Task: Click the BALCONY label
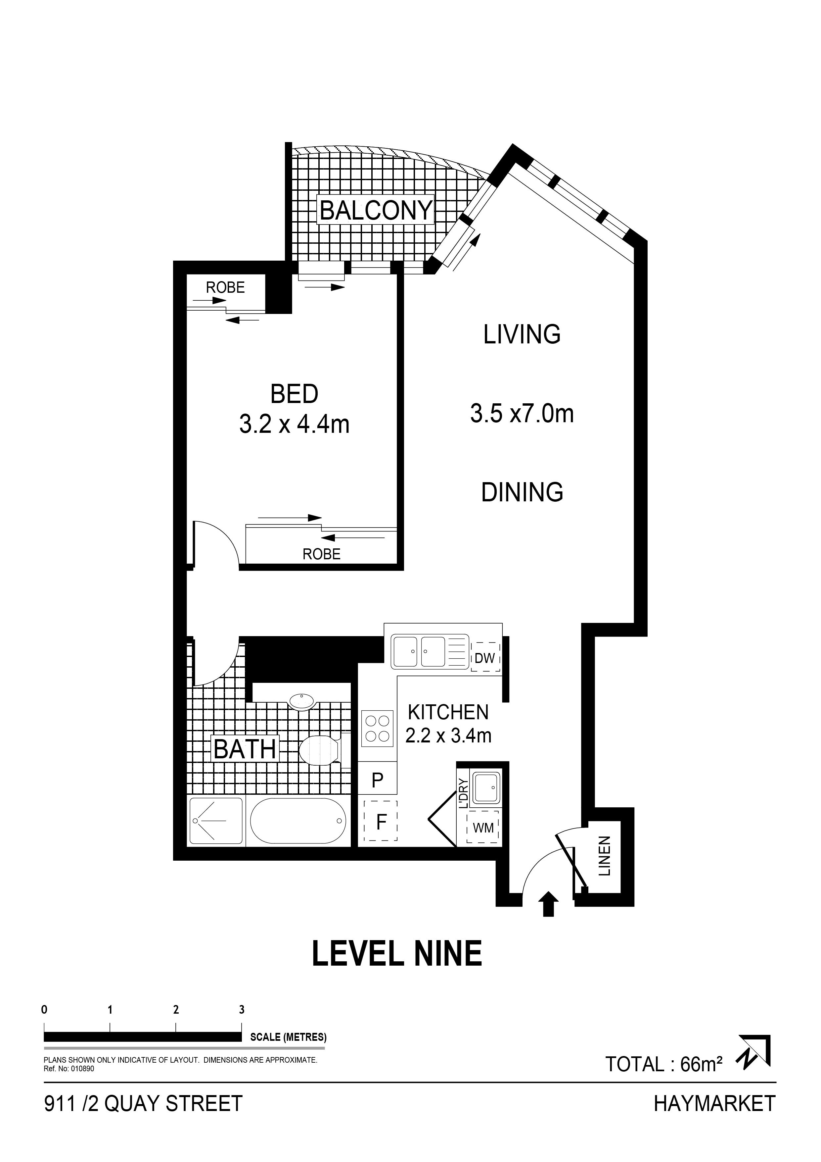click(376, 210)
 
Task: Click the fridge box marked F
click(381, 821)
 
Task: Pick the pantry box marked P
click(377, 780)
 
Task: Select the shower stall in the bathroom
click(216, 821)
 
